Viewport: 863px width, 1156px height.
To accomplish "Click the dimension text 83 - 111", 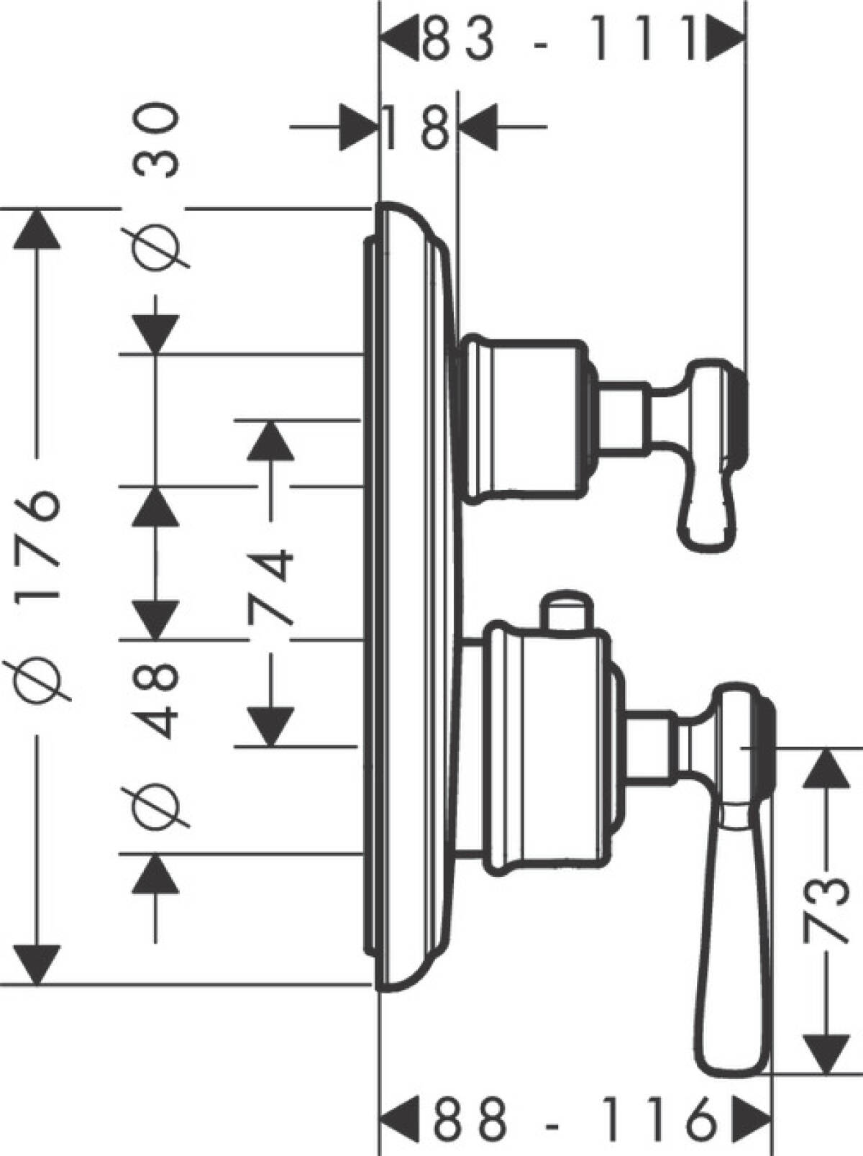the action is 560,40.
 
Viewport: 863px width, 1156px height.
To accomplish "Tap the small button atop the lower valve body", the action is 568,611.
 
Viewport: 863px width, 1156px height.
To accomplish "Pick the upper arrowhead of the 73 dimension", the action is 826,768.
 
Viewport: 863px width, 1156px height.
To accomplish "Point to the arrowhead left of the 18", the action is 358,128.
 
